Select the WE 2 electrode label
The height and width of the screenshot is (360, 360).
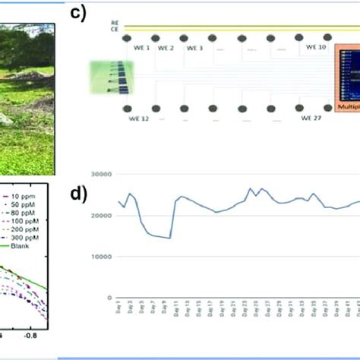[166, 47]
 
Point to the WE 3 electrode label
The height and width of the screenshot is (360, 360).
[194, 47]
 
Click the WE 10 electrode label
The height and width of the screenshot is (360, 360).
[316, 46]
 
